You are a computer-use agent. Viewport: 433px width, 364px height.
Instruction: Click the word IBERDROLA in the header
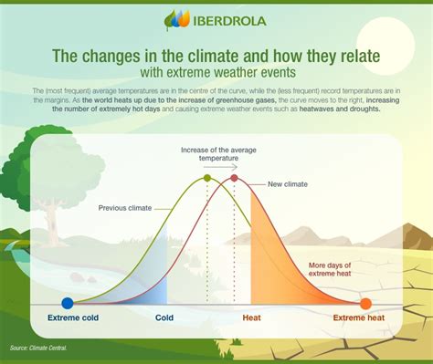(227, 20)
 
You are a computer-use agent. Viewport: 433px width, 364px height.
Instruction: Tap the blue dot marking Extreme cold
(67, 304)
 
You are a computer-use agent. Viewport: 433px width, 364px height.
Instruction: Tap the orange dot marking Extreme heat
(365, 304)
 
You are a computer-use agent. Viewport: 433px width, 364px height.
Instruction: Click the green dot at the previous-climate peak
(207, 178)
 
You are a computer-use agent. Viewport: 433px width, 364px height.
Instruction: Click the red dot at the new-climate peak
(234, 178)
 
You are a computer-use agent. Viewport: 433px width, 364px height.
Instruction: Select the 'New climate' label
(288, 184)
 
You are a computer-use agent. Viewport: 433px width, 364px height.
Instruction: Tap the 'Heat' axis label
(252, 318)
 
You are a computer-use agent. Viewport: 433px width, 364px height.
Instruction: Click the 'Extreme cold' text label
(67, 318)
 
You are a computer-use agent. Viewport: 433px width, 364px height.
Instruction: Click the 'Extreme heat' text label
(363, 318)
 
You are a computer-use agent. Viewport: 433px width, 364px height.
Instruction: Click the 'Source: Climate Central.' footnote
(39, 348)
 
